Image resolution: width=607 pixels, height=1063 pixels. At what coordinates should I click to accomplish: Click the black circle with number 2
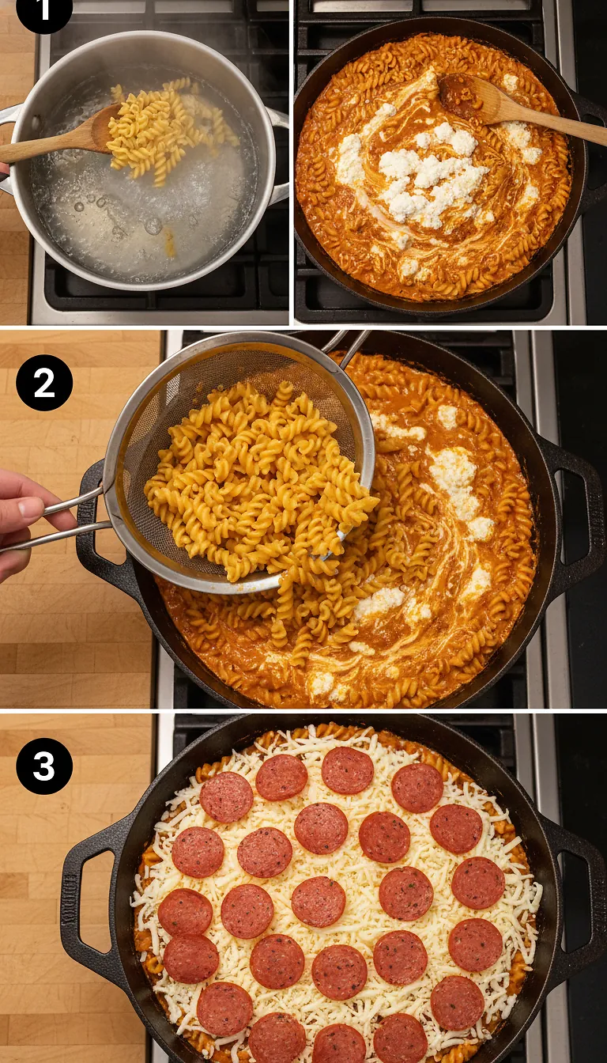click(x=44, y=383)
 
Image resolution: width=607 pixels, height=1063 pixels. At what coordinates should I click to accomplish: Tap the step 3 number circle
click(x=44, y=766)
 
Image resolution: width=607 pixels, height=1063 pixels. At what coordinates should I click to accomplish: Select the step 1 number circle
click(x=44, y=11)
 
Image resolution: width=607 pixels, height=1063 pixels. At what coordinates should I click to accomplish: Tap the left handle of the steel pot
click(x=8, y=150)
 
